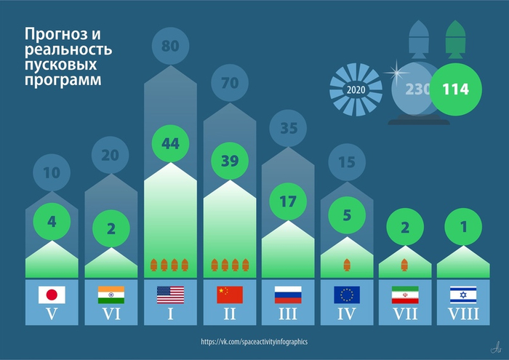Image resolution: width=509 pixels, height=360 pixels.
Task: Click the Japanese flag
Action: pos(52,295)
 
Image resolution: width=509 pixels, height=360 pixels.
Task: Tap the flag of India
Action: pos(111,295)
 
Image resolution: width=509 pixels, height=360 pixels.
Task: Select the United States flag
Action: pos(170,295)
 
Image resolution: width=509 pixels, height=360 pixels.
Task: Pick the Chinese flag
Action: pos(230,295)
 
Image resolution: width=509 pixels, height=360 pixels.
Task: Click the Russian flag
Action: pos(288,295)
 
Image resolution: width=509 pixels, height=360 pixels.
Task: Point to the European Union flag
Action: pos(347,295)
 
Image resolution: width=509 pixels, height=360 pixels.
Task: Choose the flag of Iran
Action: pos(405,295)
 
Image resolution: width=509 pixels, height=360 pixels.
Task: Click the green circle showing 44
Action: pos(170,144)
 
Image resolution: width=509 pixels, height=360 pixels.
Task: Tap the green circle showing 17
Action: pos(288,201)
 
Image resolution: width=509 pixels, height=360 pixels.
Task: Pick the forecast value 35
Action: pos(288,129)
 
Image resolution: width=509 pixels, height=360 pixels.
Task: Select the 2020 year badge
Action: pos(356,90)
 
